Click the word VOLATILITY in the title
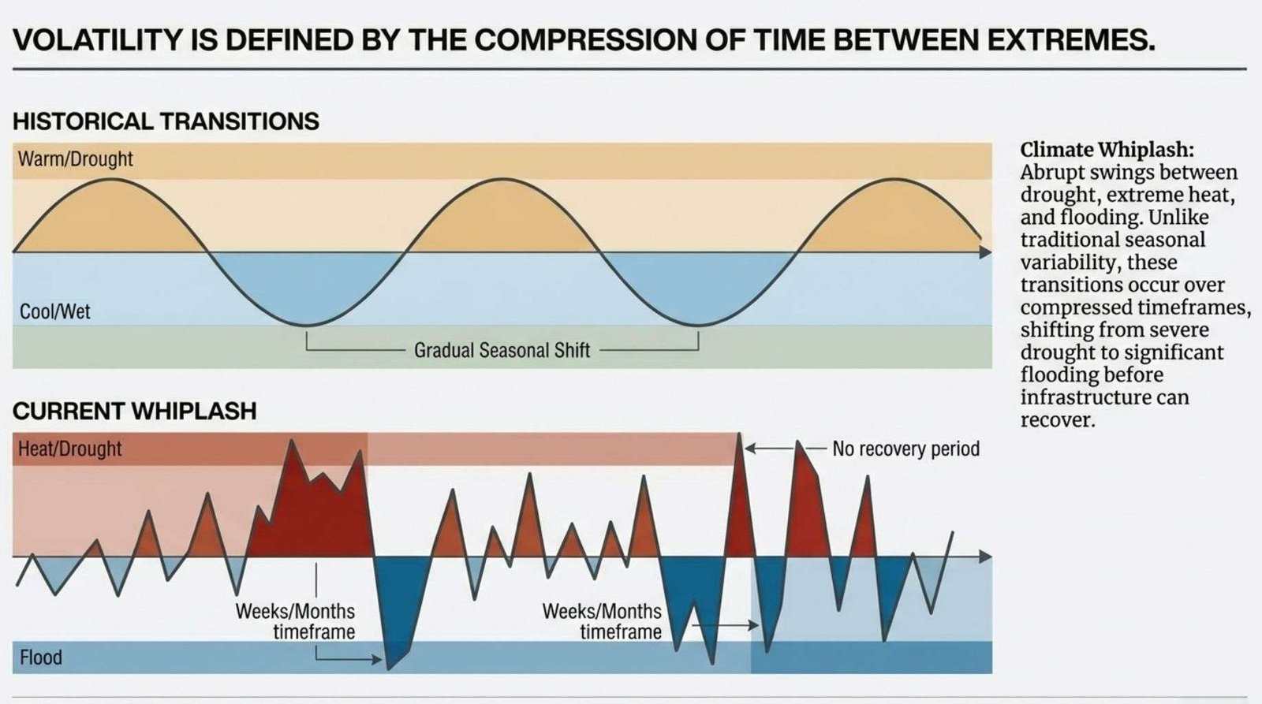98,39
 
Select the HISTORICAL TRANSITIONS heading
166,121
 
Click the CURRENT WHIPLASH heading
134,412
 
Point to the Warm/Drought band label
76,158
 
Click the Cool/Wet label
54,311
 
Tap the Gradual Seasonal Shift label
502,350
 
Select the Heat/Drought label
70,449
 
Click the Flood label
40,657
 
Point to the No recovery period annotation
906,449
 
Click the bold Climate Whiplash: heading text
1107,150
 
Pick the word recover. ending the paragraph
1058,420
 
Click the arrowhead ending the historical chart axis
986,252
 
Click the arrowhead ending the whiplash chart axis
986,557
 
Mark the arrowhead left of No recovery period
750,449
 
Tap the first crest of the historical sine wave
111,179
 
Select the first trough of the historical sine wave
307,325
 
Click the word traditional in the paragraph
1113,240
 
